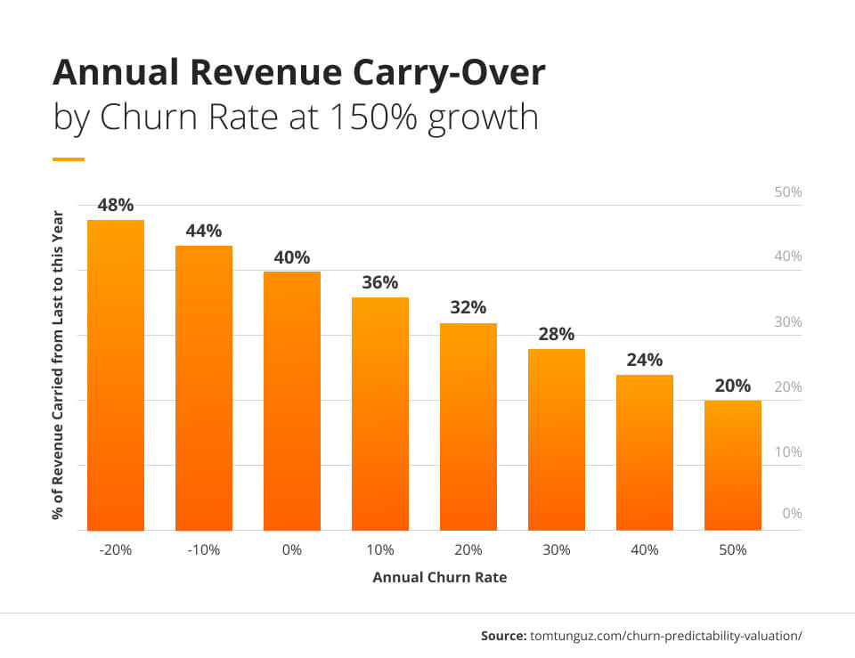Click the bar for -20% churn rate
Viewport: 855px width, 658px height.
click(116, 375)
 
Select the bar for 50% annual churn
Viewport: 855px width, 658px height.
click(732, 465)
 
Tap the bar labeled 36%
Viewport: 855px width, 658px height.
click(379, 413)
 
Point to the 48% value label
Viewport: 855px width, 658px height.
click(116, 206)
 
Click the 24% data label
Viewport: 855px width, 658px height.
click(644, 361)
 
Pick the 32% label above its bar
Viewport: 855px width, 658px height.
click(468, 308)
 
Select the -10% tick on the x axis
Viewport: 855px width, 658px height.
click(204, 550)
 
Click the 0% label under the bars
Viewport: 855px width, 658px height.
click(292, 550)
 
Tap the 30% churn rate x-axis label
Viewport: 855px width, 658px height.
click(556, 550)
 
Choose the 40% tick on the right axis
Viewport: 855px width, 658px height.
click(788, 256)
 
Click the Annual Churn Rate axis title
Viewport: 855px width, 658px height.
click(439, 577)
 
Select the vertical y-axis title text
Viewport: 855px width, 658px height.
click(59, 365)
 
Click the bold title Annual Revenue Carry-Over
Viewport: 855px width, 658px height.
click(298, 73)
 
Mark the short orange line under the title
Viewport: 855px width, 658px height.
click(69, 159)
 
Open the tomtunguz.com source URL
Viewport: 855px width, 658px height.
click(666, 636)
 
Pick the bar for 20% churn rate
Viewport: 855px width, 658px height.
click(468, 426)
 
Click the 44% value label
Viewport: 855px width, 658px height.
click(204, 232)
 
